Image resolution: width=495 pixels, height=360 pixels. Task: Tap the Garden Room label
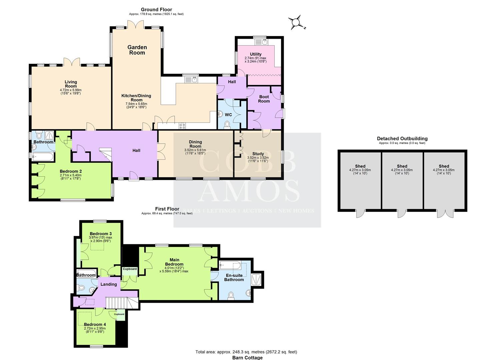point(137,50)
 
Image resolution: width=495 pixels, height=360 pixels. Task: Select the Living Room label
point(71,84)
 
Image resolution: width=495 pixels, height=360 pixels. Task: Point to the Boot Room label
point(264,99)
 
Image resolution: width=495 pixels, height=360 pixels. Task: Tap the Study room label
point(258,154)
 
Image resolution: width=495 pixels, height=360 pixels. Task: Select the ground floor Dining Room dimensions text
point(195,152)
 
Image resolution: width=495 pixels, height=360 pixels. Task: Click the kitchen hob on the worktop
point(182,126)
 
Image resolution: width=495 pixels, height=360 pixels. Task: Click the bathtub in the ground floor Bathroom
point(42,156)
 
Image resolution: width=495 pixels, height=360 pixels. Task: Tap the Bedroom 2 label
point(70,171)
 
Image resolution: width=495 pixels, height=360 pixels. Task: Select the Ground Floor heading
point(156,10)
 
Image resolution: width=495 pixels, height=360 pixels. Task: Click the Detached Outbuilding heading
point(402,139)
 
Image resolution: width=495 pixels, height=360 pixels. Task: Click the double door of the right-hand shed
point(444,214)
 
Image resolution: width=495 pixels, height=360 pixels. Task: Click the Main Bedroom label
point(174,262)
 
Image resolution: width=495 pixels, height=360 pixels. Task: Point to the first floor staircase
point(121,303)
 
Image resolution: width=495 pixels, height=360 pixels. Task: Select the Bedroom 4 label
point(95,324)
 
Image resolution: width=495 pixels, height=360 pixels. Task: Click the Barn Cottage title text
point(247,358)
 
